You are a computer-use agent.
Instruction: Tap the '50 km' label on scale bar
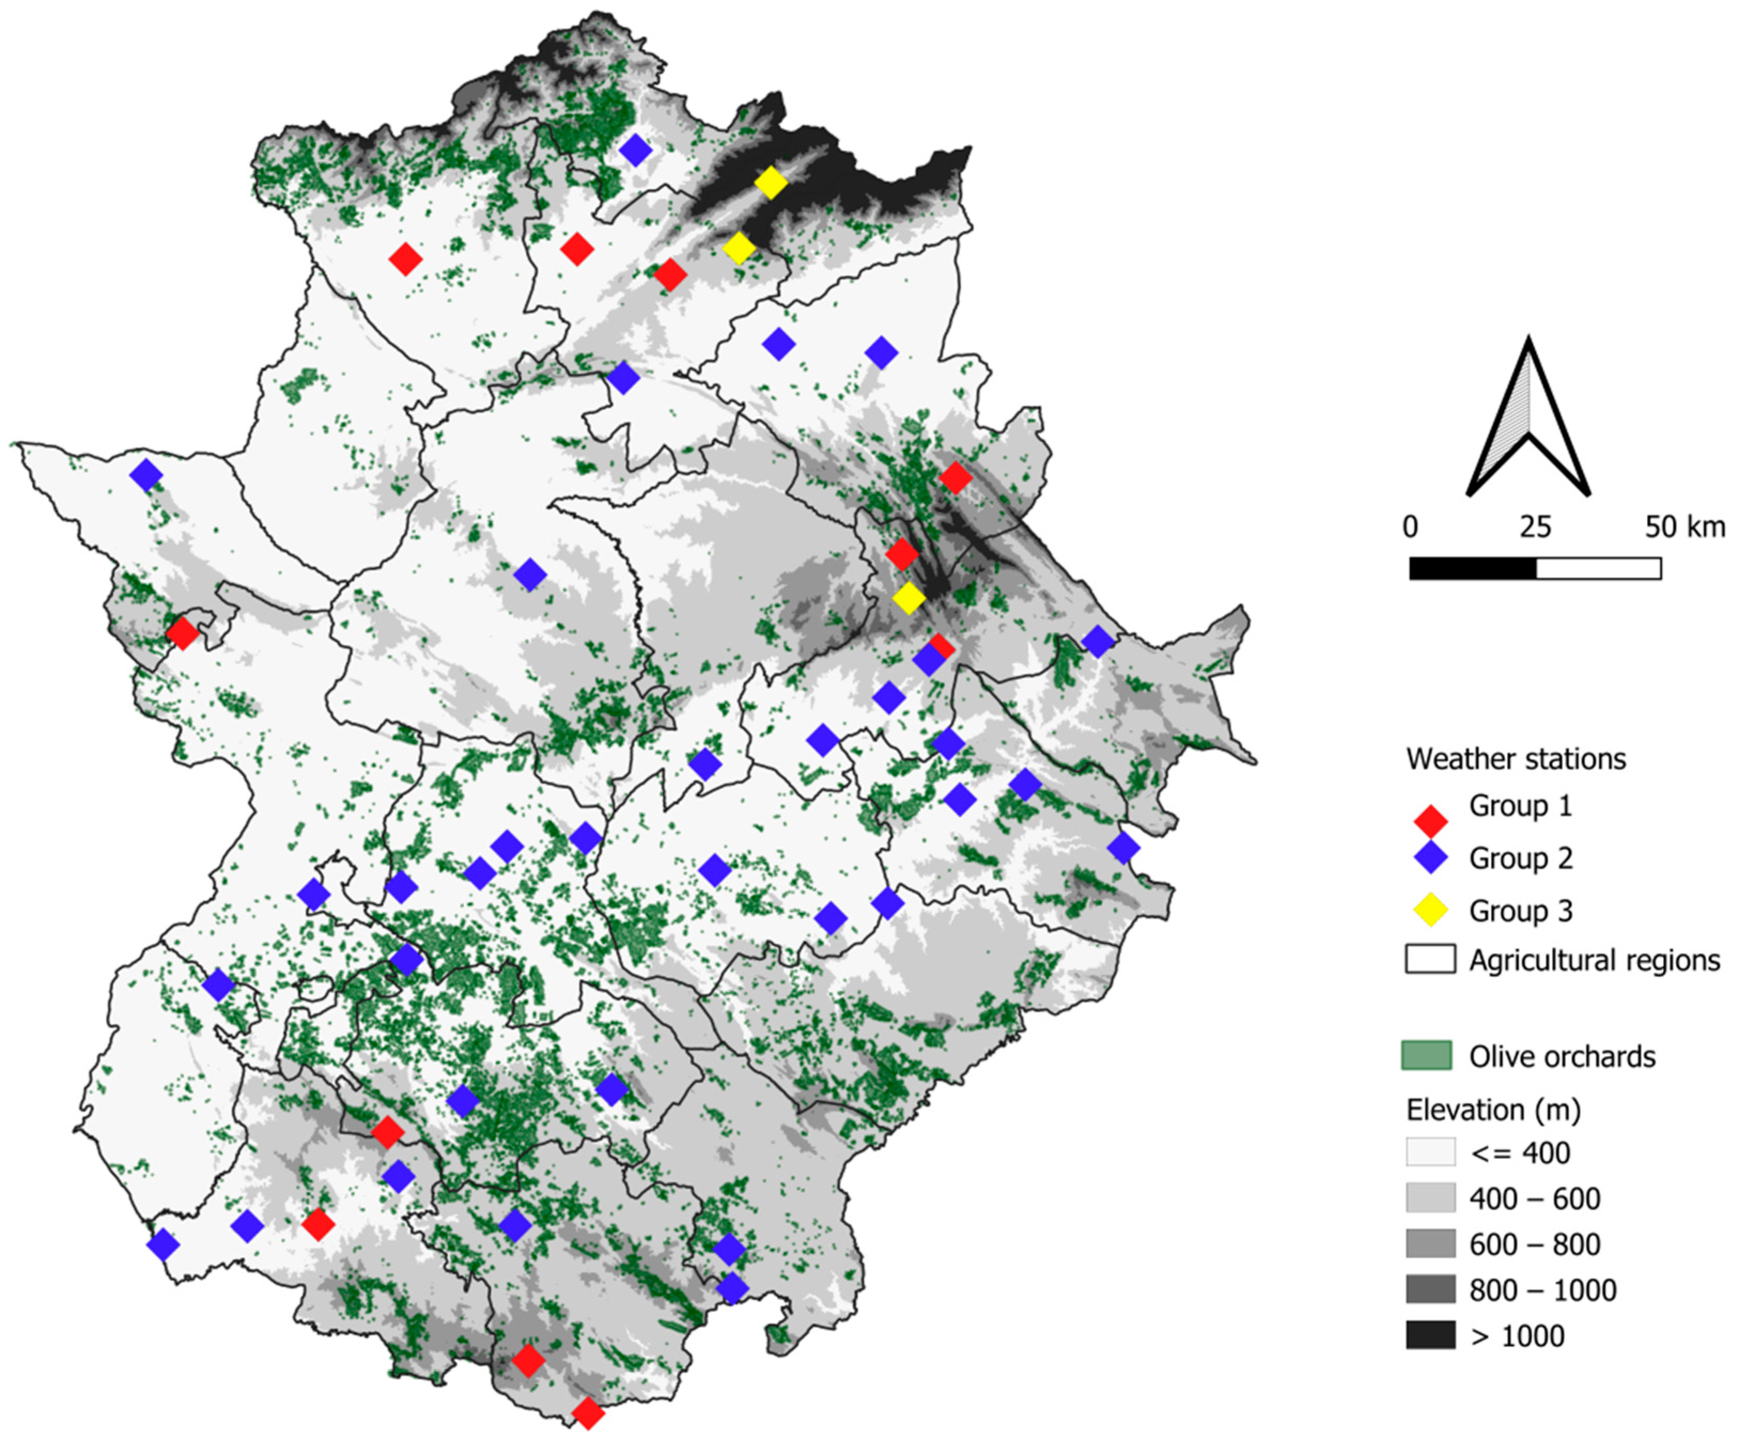pos(1684,527)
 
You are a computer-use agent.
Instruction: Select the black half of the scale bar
pos(1472,568)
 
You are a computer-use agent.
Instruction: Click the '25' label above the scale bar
pos(1535,527)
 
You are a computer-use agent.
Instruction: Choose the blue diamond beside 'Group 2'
pos(1431,858)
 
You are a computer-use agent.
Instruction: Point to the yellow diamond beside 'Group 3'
pos(1431,911)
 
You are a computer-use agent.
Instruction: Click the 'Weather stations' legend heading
pos(1516,758)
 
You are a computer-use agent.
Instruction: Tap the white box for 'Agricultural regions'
pos(1430,958)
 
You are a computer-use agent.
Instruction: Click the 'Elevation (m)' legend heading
pos(1493,1110)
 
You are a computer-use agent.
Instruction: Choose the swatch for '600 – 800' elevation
pos(1430,1243)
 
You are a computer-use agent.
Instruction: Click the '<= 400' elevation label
pos(1520,1153)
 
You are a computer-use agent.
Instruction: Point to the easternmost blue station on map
pos(1123,848)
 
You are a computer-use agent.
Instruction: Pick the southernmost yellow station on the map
pos(908,597)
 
